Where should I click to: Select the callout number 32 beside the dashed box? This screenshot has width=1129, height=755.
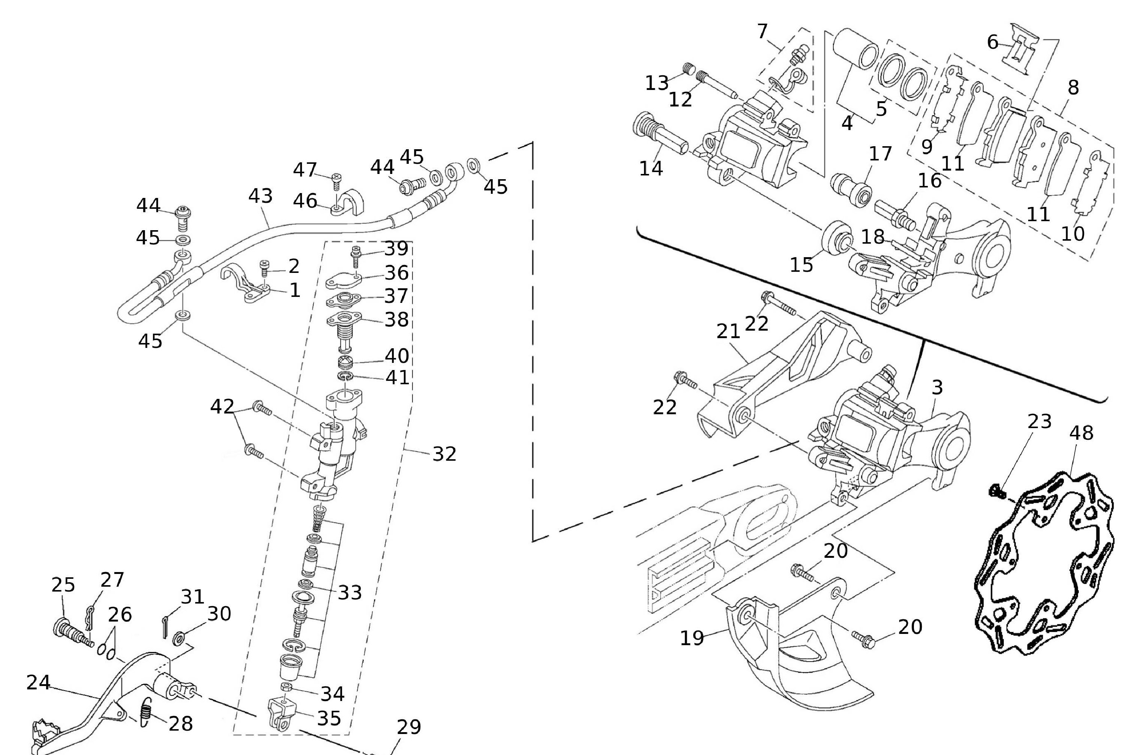coord(444,454)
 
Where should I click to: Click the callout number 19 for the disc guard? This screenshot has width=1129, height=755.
coord(692,638)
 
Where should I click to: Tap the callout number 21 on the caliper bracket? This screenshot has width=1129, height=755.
coord(728,331)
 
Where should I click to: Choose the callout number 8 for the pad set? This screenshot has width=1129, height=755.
coord(1073,87)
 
